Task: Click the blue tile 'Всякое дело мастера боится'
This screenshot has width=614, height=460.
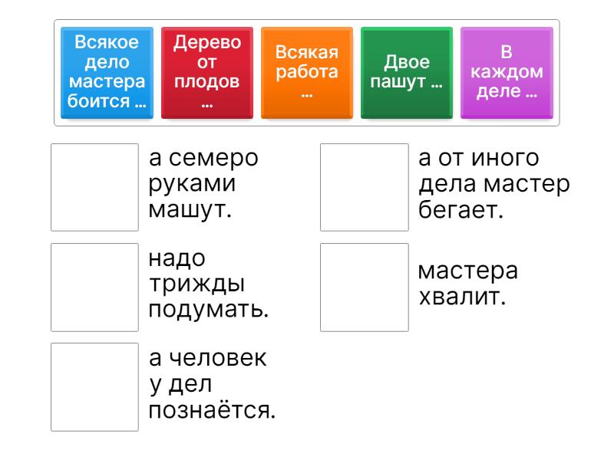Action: click(107, 72)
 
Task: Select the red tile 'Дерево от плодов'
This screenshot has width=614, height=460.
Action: click(207, 72)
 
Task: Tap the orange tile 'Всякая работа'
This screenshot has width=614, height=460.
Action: click(307, 72)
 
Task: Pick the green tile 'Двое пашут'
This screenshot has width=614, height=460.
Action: click(407, 72)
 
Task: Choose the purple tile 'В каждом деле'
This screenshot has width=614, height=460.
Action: click(507, 72)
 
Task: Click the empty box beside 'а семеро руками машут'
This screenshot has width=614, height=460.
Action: click(94, 187)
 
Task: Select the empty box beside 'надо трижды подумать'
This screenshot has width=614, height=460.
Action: click(94, 287)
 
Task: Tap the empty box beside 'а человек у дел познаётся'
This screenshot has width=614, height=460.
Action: click(94, 387)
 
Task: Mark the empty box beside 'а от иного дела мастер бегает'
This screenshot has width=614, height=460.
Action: click(364, 187)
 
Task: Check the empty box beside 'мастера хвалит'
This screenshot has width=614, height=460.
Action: click(364, 287)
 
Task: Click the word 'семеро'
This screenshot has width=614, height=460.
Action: click(213, 159)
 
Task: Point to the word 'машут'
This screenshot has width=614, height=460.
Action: click(190, 210)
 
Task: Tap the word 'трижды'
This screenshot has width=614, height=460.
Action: click(197, 284)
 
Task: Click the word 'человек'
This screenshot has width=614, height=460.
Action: click(218, 358)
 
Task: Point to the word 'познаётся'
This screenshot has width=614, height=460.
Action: click(212, 410)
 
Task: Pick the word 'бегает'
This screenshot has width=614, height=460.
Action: click(460, 209)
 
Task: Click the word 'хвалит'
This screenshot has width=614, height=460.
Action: click(462, 297)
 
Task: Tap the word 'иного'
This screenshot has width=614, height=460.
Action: click(505, 159)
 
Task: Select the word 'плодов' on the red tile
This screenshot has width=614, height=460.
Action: click(206, 82)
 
